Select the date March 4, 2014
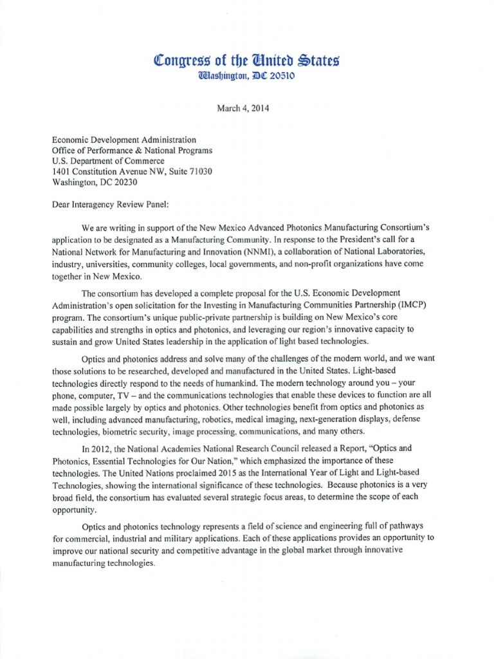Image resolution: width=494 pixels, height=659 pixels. click(x=242, y=108)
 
